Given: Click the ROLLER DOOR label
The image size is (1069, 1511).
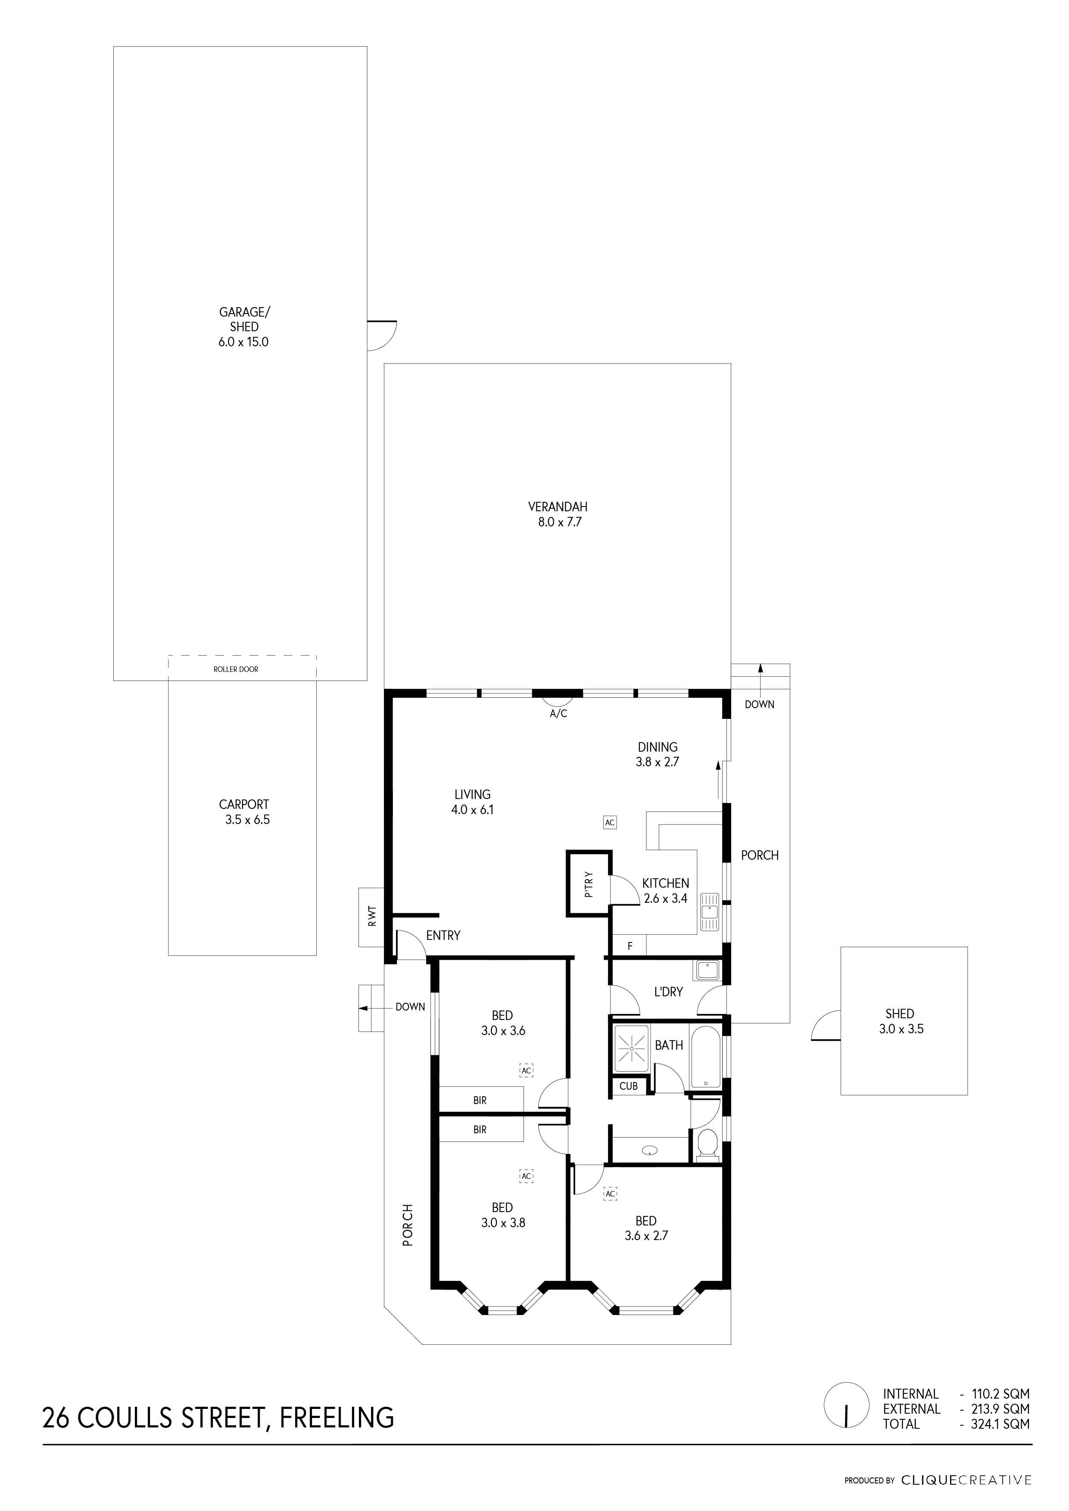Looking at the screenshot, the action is click(236, 669).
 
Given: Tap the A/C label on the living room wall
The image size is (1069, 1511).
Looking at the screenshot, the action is click(558, 713).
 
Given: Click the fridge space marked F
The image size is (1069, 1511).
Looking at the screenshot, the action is click(630, 946).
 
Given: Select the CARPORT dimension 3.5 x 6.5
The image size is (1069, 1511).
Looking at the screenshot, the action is click(247, 820).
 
